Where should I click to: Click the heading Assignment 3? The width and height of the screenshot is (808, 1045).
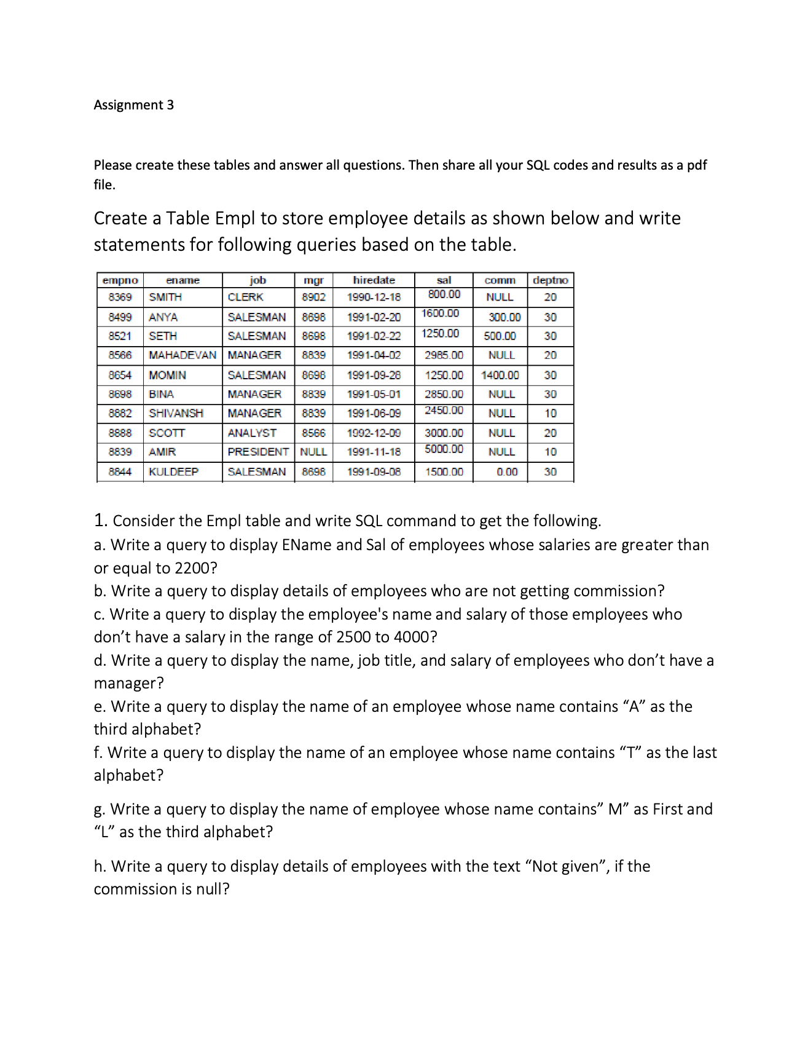click(133, 105)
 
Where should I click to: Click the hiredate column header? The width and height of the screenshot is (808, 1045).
click(374, 280)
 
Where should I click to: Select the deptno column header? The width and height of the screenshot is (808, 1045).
click(550, 280)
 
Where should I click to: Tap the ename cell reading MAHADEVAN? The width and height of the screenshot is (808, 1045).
click(182, 355)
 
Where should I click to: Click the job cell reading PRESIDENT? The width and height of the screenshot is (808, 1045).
click(258, 452)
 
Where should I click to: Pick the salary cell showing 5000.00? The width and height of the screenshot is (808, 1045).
click(444, 449)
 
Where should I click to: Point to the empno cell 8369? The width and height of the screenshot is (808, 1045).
click(120, 298)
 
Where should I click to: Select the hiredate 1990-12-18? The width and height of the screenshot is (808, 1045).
click(374, 298)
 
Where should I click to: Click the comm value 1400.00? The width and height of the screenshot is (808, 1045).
click(500, 375)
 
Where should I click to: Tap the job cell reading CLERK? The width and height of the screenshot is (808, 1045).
click(245, 298)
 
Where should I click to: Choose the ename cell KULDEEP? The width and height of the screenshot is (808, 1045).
click(173, 472)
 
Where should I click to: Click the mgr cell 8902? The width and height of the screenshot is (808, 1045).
click(313, 298)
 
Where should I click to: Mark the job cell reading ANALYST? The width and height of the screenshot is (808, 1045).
click(252, 433)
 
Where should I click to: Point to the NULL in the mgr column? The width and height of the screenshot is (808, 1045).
click(313, 452)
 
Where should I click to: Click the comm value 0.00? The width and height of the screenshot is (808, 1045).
click(507, 472)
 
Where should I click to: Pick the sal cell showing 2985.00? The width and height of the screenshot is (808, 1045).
click(444, 355)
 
